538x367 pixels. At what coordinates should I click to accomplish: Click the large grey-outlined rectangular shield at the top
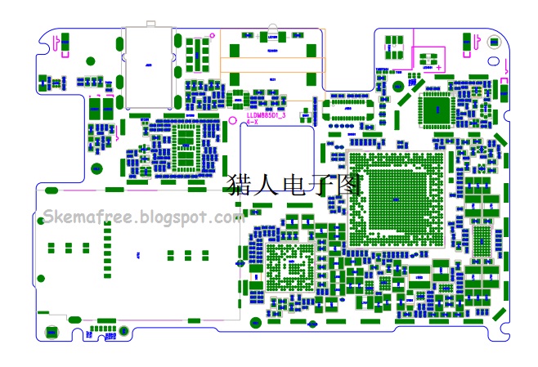click(149, 67)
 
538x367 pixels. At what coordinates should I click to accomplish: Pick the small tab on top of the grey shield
click(149, 24)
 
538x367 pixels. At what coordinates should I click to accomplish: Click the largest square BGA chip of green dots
click(397, 200)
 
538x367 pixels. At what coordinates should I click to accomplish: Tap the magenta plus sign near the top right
click(438, 66)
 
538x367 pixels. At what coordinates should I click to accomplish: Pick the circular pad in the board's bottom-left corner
click(52, 331)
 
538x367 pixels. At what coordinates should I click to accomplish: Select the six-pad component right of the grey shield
click(194, 52)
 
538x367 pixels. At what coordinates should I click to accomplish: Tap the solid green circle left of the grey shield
click(91, 60)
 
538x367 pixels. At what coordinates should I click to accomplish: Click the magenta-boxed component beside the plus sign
click(426, 57)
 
